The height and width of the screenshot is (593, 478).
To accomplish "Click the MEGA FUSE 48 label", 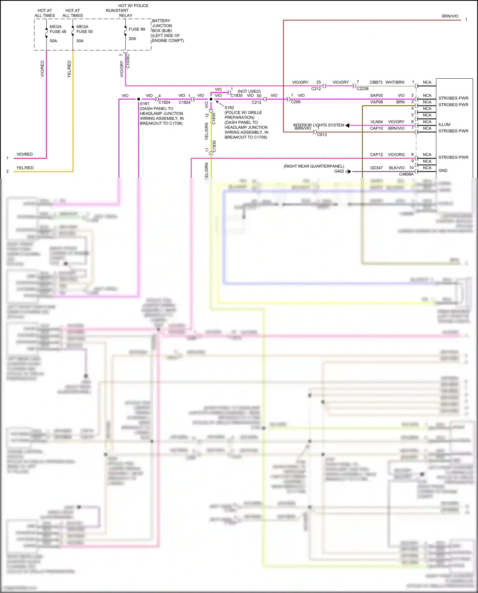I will coord(58,29).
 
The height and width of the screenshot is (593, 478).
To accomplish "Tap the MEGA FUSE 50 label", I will coord(84,29).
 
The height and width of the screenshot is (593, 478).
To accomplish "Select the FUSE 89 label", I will coord(137,29).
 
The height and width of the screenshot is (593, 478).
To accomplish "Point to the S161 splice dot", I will coord(139,99).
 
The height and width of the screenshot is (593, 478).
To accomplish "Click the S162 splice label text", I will coord(229,108).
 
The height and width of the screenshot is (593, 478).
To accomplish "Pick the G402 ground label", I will coord(339,171).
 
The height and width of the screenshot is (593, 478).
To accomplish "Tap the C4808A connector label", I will coord(406,174).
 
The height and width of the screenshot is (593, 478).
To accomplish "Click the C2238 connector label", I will coord(362,89).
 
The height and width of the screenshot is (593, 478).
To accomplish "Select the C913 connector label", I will coord(322,135).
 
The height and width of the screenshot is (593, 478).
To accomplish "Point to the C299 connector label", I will coord(295,102).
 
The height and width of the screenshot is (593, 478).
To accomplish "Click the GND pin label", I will coord(443,171).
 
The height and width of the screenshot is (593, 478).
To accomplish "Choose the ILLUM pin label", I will coord(444,125).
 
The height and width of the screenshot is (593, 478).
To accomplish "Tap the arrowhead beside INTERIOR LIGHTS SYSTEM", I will coord(347,125).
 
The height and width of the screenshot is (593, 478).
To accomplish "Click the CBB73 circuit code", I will coord(376,82).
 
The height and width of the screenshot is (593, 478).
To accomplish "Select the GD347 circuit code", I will coord(376,168).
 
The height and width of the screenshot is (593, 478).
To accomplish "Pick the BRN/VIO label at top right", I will coord(450,16).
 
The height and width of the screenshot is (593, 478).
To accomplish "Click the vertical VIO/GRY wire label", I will coord(121,69).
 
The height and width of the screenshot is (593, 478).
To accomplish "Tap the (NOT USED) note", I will coord(249,91).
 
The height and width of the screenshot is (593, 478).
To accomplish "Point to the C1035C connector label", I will coord(128,61).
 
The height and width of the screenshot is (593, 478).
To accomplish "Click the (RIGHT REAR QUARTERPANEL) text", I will coord(314,166).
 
